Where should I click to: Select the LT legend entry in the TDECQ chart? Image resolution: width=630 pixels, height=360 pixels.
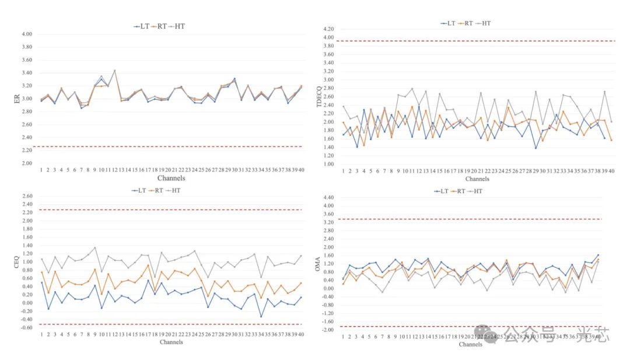[449, 23]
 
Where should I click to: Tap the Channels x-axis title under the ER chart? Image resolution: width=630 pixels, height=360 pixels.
[171, 178]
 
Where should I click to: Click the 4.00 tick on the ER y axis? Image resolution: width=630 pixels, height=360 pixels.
[27, 34]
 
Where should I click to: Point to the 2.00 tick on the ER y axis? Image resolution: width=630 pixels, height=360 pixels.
[27, 163]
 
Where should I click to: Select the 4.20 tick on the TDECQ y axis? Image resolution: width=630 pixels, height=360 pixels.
[328, 29]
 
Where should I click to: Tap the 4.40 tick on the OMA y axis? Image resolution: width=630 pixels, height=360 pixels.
[328, 198]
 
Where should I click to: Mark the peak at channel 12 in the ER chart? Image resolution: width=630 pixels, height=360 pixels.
[114, 70]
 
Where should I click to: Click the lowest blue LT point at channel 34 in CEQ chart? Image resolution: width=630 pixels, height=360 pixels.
[261, 317]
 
